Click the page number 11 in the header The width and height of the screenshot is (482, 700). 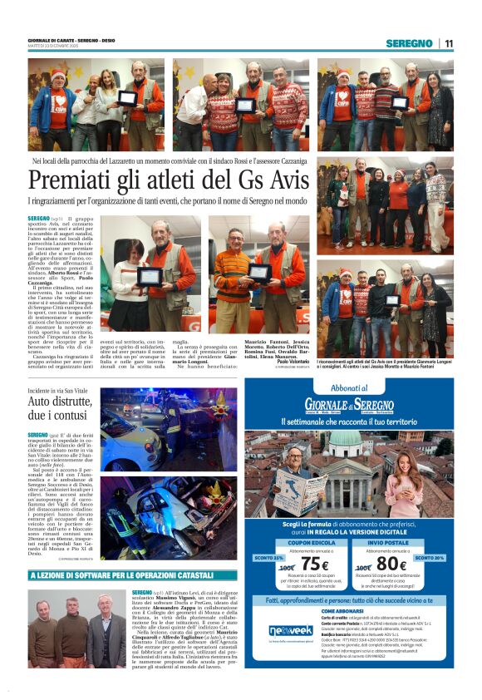pyautogui.click(x=449, y=43)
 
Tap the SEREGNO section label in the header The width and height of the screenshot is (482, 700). pyautogui.click(x=409, y=43)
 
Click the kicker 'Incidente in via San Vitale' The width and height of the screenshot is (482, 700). pyautogui.click(x=61, y=390)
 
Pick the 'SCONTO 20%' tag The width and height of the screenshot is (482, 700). pyautogui.click(x=429, y=558)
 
